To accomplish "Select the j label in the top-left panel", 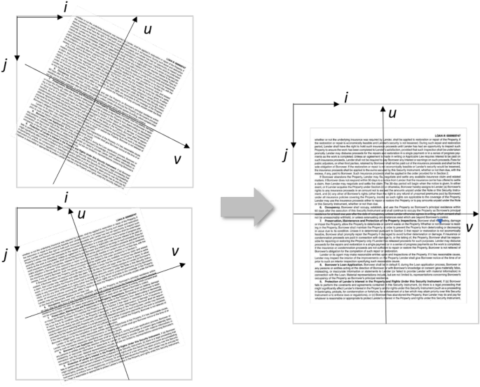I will click(6, 64).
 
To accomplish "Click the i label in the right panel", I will click(345, 100).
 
